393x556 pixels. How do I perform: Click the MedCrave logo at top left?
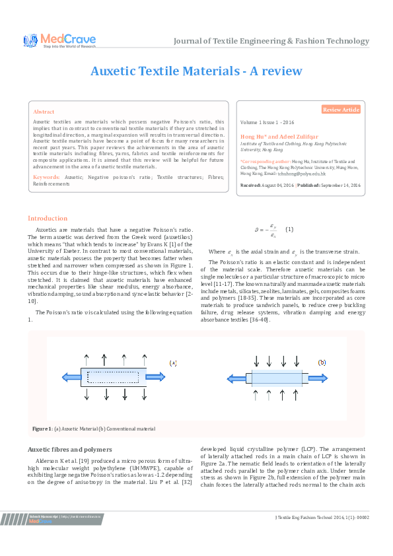[59, 41]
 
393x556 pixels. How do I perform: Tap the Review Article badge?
[341, 110]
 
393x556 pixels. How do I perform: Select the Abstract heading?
[44, 112]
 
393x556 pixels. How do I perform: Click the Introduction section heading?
[47, 219]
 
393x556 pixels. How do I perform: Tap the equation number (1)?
[289, 229]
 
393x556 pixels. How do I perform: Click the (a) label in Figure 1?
[173, 363]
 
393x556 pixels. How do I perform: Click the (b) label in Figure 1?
[322, 363]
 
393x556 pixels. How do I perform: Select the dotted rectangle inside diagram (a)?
[114, 377]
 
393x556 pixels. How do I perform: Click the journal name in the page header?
[271, 41]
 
